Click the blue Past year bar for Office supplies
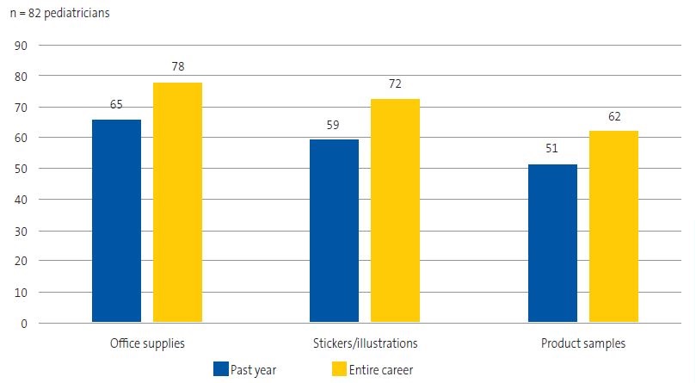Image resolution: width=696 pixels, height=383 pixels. point(116,221)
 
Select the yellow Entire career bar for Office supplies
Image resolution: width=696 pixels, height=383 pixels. point(177,202)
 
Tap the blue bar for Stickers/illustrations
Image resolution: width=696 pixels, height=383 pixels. point(334,231)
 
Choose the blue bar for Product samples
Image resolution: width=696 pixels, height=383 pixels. point(552,244)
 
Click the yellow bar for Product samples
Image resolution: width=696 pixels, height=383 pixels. point(613,226)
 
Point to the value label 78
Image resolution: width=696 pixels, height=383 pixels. point(177,65)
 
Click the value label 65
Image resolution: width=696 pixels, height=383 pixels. point(116,104)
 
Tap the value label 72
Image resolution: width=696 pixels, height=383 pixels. point(395,83)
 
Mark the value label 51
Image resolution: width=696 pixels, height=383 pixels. point(552,148)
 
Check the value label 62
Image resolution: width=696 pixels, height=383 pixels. point(613,115)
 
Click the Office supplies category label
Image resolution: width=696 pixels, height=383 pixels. point(147,343)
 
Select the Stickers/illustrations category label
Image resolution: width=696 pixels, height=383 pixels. point(365,343)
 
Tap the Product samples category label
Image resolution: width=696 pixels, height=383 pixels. point(583,343)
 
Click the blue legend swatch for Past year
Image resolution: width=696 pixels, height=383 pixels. point(220,369)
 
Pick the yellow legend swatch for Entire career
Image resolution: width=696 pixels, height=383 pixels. point(338,369)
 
